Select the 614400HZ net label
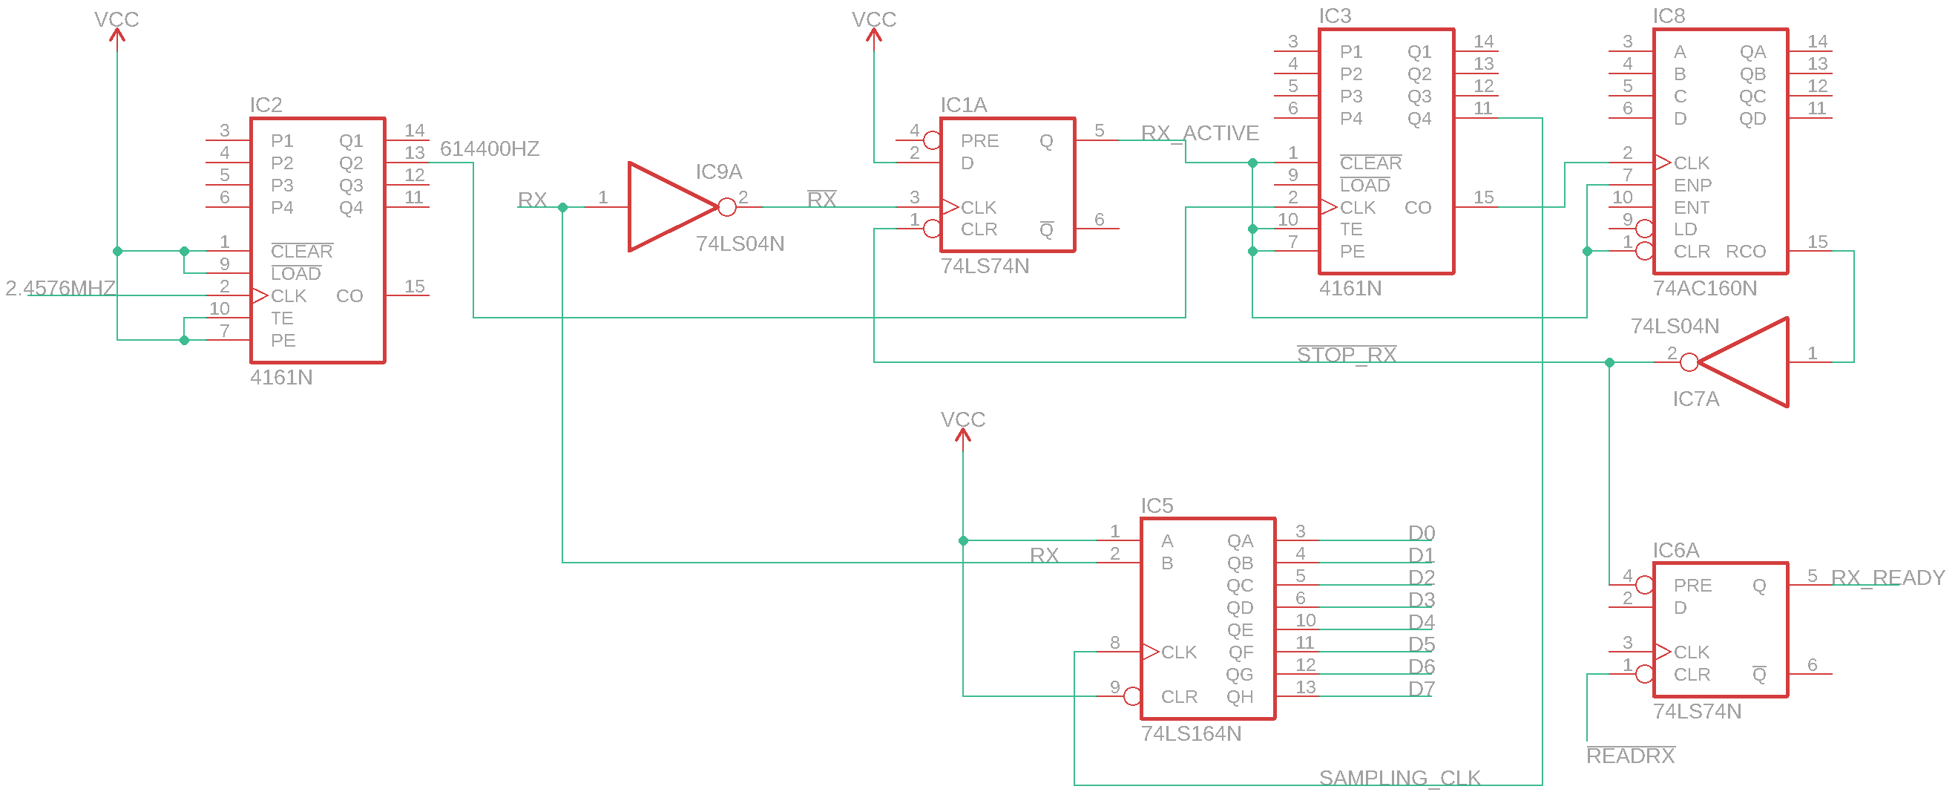[490, 149]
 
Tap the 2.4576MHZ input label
[60, 289]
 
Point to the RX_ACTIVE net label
[1200, 134]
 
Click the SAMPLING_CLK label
[1399, 778]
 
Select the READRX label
[1630, 756]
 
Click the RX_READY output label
[1888, 577]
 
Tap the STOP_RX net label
[1346, 355]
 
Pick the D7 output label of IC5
[1421, 689]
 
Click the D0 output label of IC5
[1421, 533]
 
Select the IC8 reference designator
[1669, 16]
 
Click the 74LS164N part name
[1191, 733]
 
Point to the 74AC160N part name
[1705, 289]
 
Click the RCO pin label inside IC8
[1745, 252]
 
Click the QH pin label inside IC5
[1240, 697]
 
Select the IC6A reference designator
[1675, 550]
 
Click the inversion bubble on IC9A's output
[726, 207]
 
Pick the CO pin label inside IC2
[349, 295]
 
